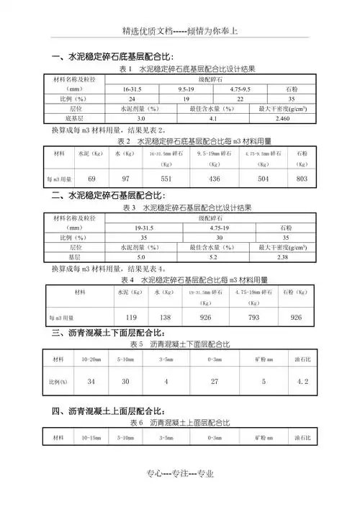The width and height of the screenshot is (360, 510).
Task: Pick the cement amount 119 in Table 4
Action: pyautogui.click(x=131, y=317)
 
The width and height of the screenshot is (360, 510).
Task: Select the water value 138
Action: pyautogui.click(x=164, y=317)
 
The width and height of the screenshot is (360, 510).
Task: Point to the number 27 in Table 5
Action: pyautogui.click(x=214, y=380)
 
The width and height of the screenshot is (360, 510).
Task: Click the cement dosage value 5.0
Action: pyautogui.click(x=141, y=256)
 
